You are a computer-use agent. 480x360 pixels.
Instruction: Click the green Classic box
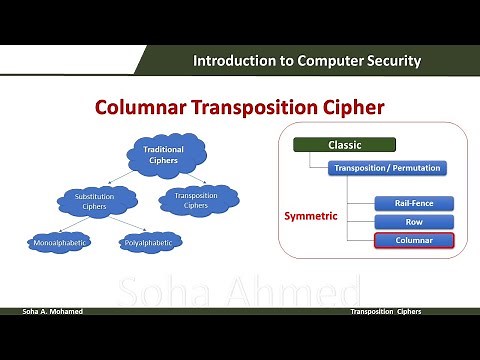tap(345, 145)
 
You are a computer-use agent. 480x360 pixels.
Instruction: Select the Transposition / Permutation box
tap(387, 168)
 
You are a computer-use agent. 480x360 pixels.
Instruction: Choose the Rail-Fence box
tap(414, 203)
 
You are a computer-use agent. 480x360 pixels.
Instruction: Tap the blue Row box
tap(414, 221)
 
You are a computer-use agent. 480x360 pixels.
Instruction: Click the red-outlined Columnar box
tap(414, 240)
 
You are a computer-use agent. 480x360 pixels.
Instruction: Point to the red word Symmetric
tap(312, 215)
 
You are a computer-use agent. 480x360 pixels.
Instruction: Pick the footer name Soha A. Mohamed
tap(53, 312)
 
